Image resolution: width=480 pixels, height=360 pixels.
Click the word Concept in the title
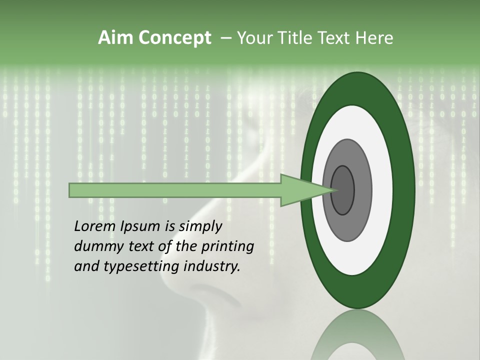click(174, 38)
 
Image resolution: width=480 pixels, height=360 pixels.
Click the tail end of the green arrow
click(70, 190)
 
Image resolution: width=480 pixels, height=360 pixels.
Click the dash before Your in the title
click(225, 38)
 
